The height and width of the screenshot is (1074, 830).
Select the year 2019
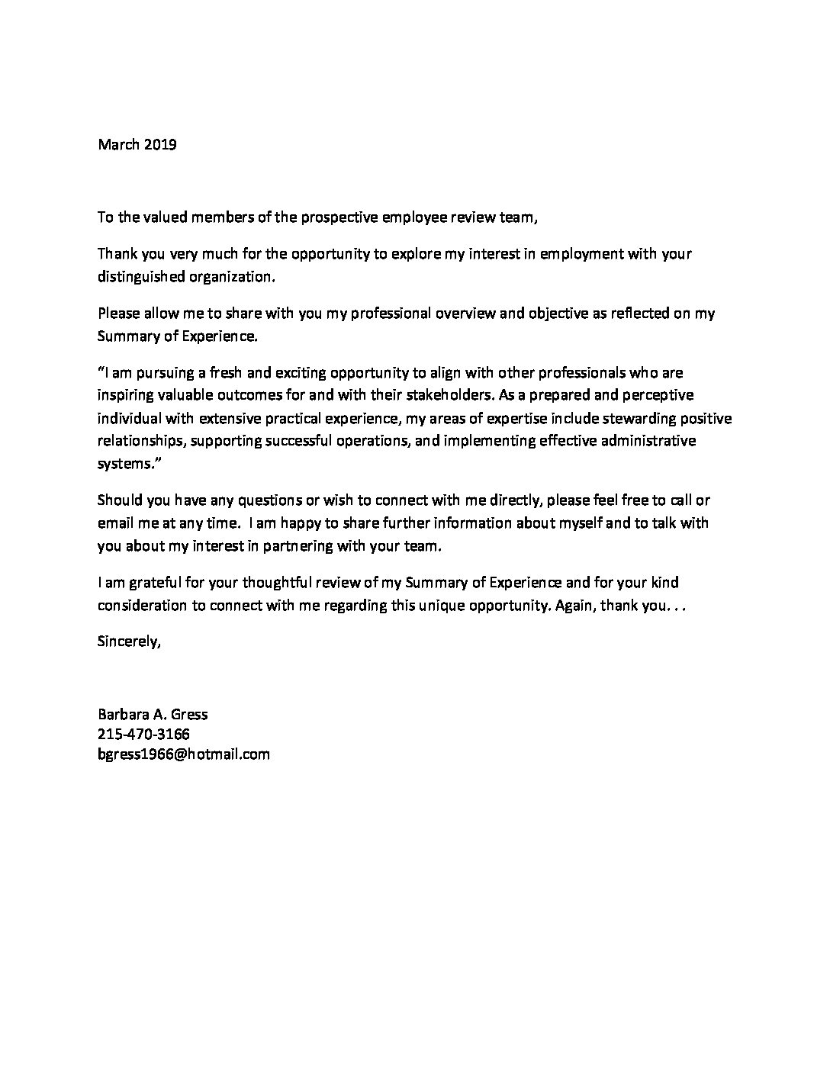pyautogui.click(x=159, y=144)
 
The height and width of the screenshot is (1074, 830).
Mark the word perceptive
pyautogui.click(x=658, y=396)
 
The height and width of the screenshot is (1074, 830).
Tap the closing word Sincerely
pyautogui.click(x=129, y=642)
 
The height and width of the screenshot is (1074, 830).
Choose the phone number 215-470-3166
pyautogui.click(x=143, y=735)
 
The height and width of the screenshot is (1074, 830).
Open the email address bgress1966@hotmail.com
pyautogui.click(x=184, y=754)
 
